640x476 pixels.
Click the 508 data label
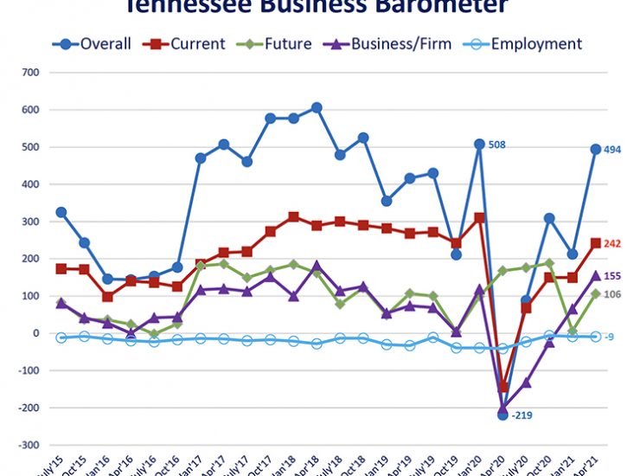tap(498, 145)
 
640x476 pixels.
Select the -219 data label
tap(522, 416)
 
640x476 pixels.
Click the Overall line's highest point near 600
tap(317, 107)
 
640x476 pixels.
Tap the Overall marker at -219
tap(502, 415)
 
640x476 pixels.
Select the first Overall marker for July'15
tap(61, 212)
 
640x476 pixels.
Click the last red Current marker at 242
tap(596, 243)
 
